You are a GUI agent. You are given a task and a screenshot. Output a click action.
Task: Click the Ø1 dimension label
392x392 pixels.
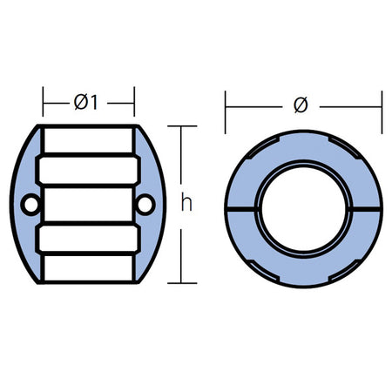coord(86,102)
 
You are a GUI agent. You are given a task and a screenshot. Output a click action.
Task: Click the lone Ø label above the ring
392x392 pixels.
coord(301,105)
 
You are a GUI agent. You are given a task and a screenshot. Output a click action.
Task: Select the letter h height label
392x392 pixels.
coord(186,203)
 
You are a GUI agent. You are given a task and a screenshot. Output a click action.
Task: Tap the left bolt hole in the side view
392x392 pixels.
coord(30,205)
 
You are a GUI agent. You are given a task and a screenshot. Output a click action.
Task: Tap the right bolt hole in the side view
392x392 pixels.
coord(145,205)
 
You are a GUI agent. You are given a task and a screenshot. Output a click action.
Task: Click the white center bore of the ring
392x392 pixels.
coord(303,209)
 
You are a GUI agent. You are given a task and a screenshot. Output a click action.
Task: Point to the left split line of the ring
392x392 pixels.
coord(241,209)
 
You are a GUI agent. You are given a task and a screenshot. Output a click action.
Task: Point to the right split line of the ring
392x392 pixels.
coord(366,209)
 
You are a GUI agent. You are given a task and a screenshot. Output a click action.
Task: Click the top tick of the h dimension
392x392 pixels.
coord(182,126)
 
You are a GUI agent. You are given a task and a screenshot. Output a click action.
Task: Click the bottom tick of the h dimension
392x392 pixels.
coord(182,283)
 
